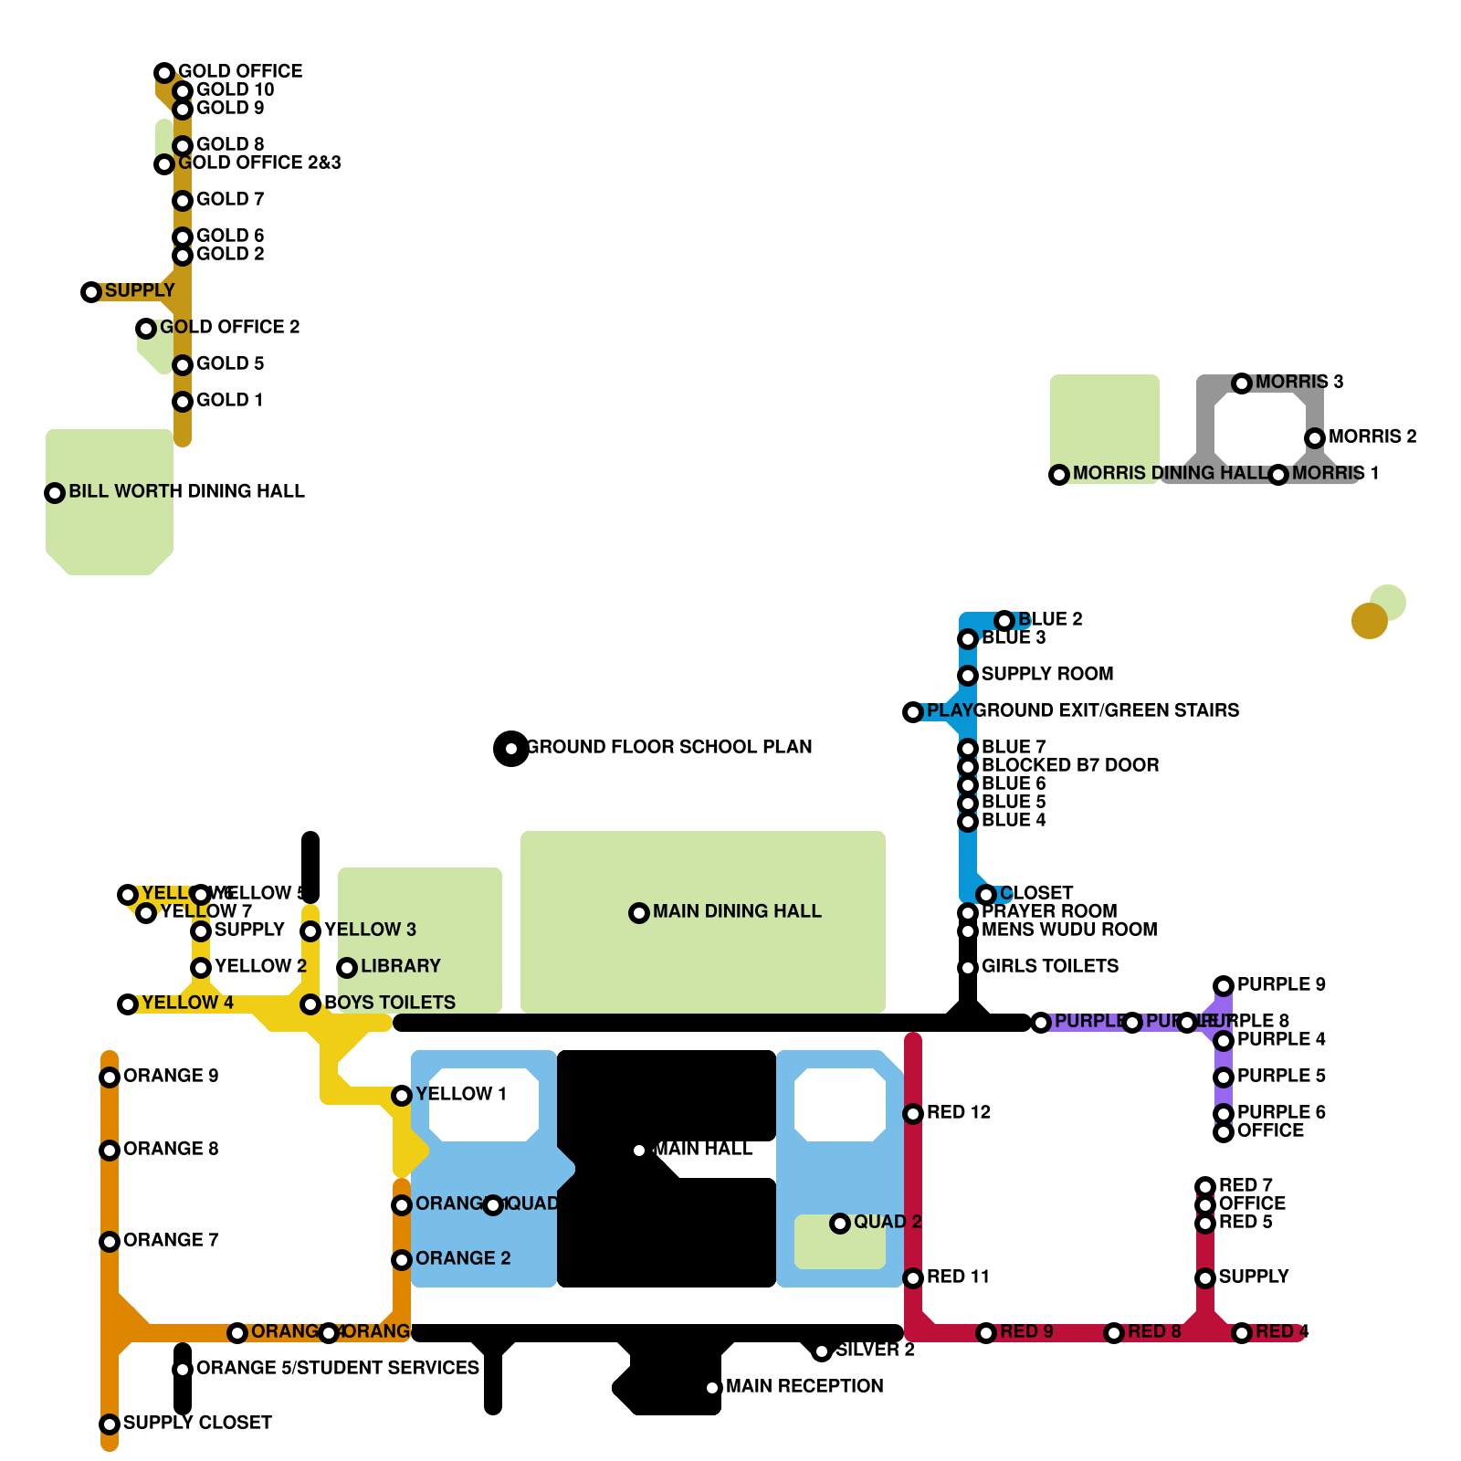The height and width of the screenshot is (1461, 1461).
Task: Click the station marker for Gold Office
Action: click(164, 73)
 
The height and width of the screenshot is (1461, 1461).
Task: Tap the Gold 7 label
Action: click(230, 199)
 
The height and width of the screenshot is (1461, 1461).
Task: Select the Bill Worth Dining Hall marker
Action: click(55, 493)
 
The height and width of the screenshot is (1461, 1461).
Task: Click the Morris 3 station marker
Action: click(1242, 384)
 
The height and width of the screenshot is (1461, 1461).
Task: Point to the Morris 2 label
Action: click(1372, 436)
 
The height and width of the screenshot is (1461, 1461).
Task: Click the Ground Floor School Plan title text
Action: click(669, 747)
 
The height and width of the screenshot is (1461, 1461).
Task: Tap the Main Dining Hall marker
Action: click(639, 913)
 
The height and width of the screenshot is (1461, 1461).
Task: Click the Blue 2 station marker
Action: click(1004, 621)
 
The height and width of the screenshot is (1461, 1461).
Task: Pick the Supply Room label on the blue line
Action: click(1047, 674)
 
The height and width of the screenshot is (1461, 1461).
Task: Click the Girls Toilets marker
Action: click(968, 968)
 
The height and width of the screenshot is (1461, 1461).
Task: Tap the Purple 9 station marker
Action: click(1224, 986)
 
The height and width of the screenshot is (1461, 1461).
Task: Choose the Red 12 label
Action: click(959, 1112)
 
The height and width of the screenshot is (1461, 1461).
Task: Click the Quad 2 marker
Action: click(840, 1224)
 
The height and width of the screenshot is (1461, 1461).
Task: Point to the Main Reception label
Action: click(804, 1386)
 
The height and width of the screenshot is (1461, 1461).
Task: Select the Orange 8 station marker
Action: click(110, 1151)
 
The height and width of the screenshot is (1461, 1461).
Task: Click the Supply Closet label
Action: click(197, 1423)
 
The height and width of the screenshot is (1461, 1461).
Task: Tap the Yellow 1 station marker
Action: click(402, 1096)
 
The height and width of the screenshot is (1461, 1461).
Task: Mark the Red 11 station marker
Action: click(913, 1278)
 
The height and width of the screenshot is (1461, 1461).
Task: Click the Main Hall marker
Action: click(639, 1151)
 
